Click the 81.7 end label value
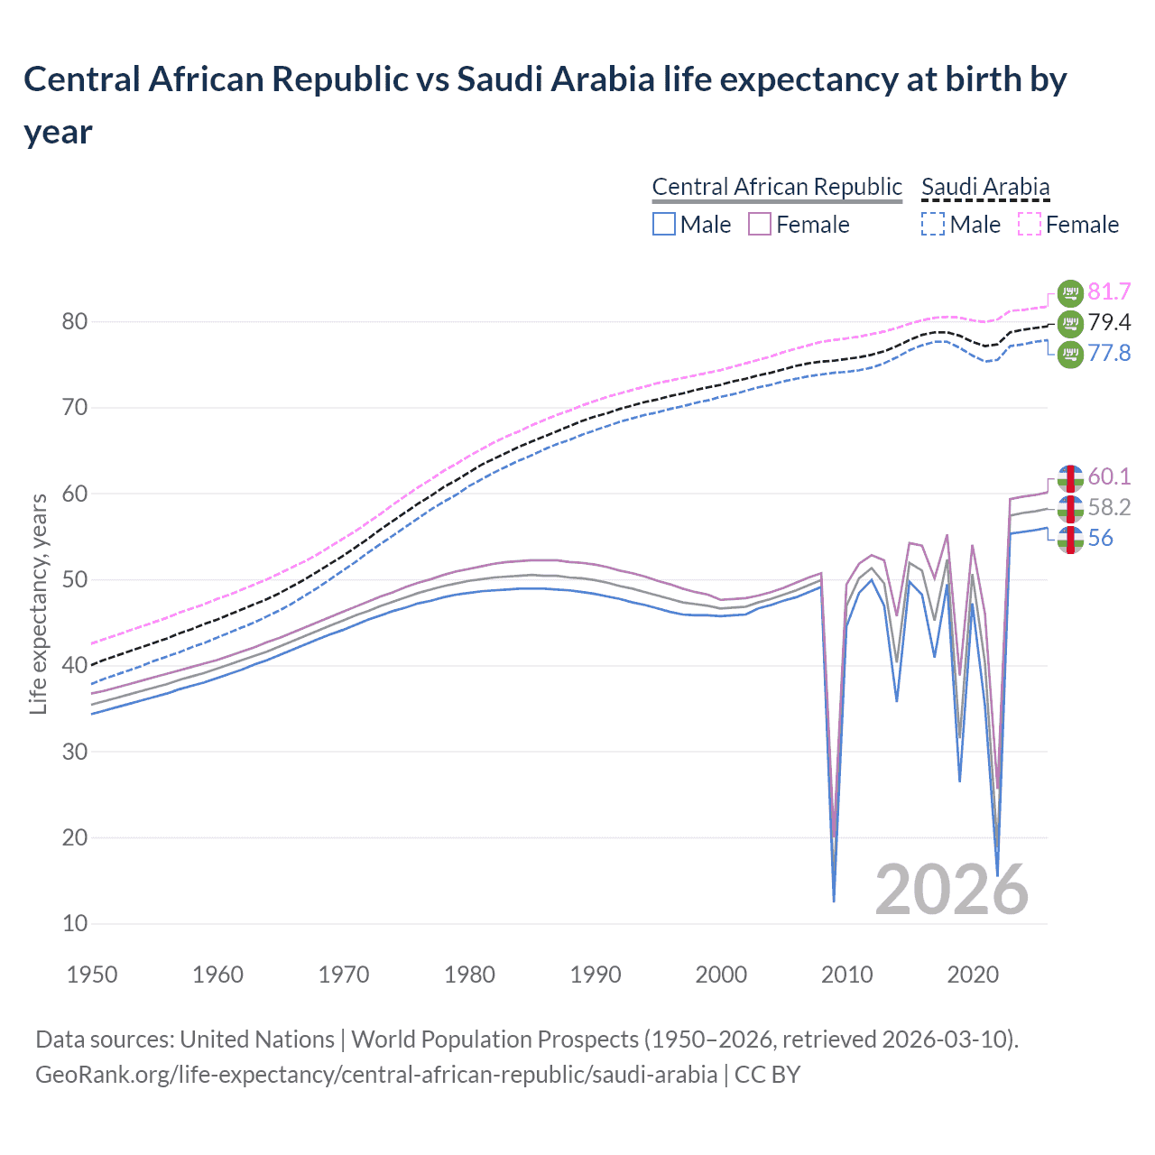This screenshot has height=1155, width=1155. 1109,291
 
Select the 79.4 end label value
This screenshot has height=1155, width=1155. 1109,322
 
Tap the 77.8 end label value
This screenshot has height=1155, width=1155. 1109,353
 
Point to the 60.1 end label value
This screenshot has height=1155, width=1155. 1109,476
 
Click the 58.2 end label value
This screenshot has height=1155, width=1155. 1109,507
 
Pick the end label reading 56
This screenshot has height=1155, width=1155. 1100,538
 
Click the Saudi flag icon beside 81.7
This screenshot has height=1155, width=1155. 1070,292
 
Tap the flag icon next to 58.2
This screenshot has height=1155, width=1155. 1070,508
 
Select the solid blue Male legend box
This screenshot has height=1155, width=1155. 664,224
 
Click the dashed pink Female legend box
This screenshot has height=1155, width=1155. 1030,224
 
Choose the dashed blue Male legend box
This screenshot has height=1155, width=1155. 933,224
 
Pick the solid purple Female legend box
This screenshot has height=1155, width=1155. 760,224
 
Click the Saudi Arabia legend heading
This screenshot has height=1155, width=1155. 985,187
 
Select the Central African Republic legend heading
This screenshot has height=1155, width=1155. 777,187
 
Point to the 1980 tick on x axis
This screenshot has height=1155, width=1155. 469,975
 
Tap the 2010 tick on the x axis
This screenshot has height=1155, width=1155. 847,975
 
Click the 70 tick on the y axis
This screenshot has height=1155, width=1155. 75,408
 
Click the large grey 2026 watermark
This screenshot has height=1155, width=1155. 952,890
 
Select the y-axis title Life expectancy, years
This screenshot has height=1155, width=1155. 38,605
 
